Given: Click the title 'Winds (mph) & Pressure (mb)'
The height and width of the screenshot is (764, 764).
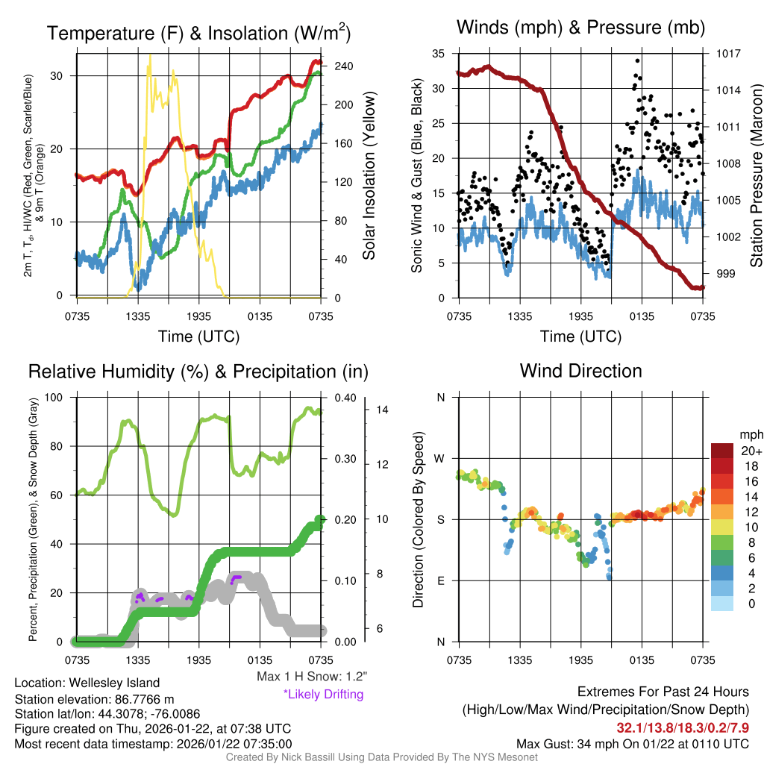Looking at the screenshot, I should point(580,28).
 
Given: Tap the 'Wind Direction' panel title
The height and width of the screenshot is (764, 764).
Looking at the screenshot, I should point(580,371).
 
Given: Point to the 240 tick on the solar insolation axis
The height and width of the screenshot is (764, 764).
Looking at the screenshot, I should point(342,66).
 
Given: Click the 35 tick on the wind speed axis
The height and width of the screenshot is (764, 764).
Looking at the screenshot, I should point(438,54).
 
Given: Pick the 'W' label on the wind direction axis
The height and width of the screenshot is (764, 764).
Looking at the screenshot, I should point(440,458).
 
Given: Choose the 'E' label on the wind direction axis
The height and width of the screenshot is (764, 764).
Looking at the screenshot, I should point(441,580).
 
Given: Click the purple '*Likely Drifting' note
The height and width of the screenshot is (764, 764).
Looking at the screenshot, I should point(323,695).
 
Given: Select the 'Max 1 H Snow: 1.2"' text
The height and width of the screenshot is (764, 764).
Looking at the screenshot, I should point(311,677).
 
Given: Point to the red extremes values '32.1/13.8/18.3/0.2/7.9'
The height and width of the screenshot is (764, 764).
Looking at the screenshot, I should point(682,727).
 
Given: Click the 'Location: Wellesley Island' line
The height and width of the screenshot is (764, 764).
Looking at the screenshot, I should point(87,683).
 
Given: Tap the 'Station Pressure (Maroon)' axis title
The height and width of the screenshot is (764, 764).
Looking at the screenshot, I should point(756,176).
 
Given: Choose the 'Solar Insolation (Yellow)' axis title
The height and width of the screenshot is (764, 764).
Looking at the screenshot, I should point(369,176).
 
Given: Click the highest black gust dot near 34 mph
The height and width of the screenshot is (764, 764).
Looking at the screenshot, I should point(637,60).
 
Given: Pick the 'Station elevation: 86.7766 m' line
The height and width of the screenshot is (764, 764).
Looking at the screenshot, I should point(93,699).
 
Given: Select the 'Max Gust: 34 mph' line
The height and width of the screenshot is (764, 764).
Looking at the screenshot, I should point(633,744).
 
